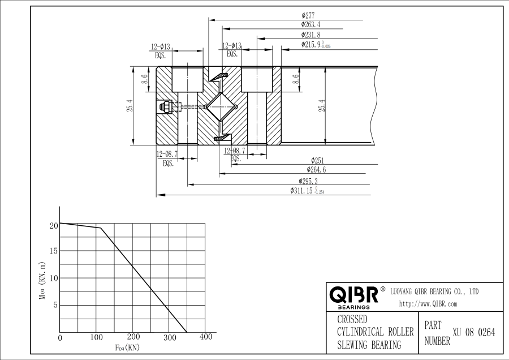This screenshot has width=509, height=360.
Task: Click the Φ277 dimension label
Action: tap(308, 15)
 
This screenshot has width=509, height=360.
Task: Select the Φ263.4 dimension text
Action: tap(310, 25)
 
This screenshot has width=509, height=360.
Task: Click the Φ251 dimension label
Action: tap(317, 160)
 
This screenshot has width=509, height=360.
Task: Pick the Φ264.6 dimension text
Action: tap(316, 169)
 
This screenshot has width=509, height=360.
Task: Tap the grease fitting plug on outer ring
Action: tap(167, 106)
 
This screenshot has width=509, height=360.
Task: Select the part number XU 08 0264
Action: tap(474, 333)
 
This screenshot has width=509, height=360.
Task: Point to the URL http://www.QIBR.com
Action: tap(428, 304)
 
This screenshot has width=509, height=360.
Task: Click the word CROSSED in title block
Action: tap(352, 320)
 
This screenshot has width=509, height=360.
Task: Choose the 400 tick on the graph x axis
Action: tap(206, 337)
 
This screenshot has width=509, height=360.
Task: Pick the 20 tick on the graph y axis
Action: tap(54, 226)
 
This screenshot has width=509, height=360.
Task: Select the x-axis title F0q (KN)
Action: tap(127, 347)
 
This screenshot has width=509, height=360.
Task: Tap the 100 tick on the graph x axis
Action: tap(97, 337)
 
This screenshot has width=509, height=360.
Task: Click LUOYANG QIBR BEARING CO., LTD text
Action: tap(435, 292)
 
